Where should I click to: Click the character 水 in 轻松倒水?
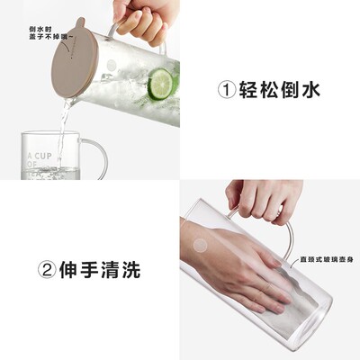coord(310,90)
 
